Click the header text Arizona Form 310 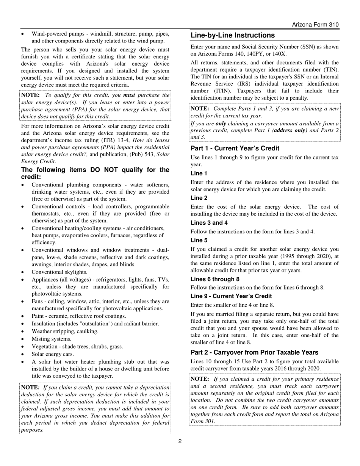(315, 25)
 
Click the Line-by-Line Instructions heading (232, 35)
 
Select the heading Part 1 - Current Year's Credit (235, 149)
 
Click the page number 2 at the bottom (180, 441)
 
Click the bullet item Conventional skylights (59, 272)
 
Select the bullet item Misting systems (51, 339)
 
